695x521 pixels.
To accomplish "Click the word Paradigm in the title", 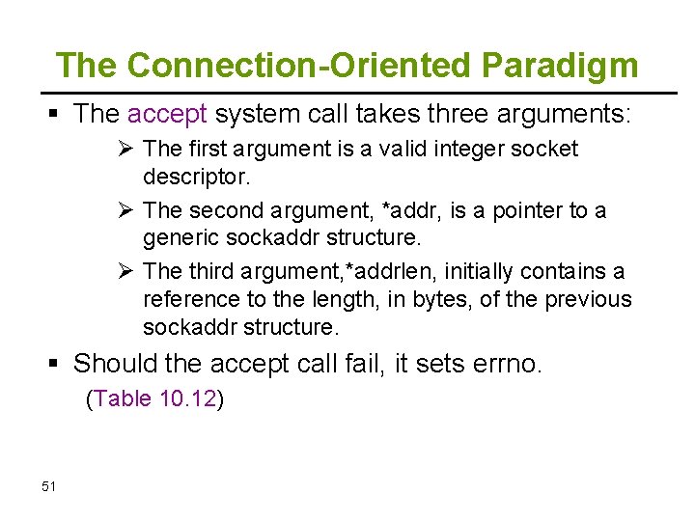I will coord(559,66).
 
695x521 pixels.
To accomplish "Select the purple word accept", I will coord(167,115).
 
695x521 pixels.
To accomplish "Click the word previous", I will coord(588,299).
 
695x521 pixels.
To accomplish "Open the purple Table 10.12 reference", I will coord(155,398).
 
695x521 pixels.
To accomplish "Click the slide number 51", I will coord(50,486).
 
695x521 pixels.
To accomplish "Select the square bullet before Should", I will coord(55,364).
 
